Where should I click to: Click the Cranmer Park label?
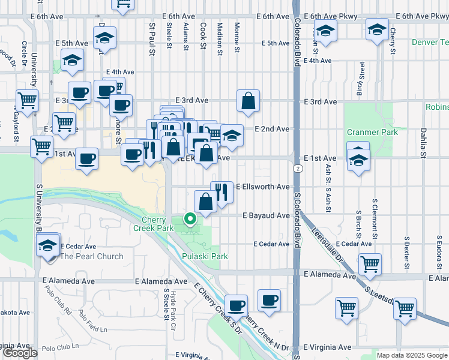pos(372,132)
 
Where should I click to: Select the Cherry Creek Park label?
pos(157,224)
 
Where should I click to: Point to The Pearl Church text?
pos(92,256)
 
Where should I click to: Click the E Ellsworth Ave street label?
pos(263,187)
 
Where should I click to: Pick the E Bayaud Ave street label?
pos(266,215)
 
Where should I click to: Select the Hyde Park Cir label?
pos(173,304)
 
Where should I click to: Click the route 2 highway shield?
pos(298,169)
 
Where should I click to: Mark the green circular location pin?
pos(190,219)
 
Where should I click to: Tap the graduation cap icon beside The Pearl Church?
pos(48,245)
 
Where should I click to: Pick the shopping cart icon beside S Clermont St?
pos(370,263)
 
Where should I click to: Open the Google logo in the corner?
pos(20,353)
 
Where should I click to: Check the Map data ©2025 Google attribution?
pos(412,355)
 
